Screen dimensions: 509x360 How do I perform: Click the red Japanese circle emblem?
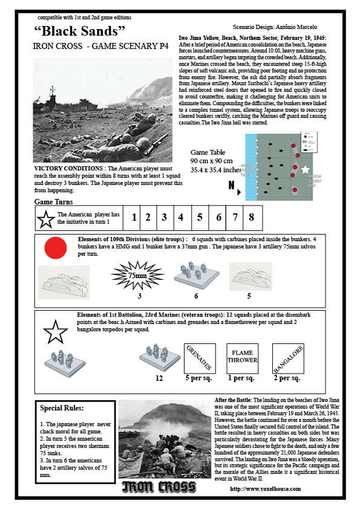(x=56, y=248)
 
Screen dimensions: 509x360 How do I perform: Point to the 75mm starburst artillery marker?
(x=138, y=275)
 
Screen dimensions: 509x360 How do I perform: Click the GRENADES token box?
(x=199, y=358)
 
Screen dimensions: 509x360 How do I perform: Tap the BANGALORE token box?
(x=287, y=358)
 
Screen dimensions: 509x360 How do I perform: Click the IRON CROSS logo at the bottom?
(x=159, y=487)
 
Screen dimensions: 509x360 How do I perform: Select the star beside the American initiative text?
(x=46, y=219)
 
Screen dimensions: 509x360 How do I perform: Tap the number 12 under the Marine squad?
(x=160, y=378)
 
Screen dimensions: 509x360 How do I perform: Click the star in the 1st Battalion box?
(x=56, y=332)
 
